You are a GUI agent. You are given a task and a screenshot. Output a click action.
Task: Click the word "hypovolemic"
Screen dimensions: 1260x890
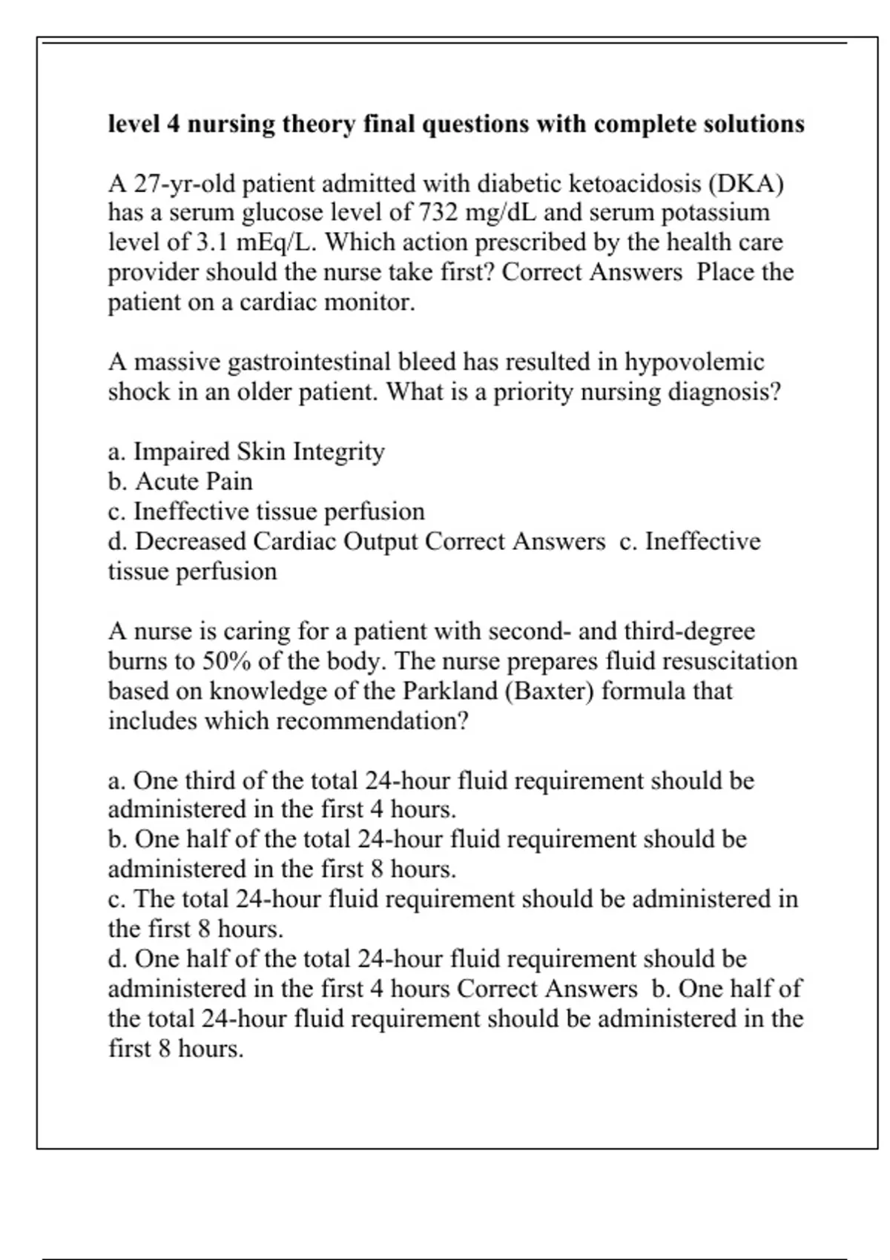point(694,362)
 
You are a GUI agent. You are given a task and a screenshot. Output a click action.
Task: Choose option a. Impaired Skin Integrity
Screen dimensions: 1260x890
point(246,451)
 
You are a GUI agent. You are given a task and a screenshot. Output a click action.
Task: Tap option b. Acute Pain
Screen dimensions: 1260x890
point(180,482)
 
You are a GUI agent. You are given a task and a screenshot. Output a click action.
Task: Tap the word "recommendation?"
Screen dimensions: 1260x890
point(372,720)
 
